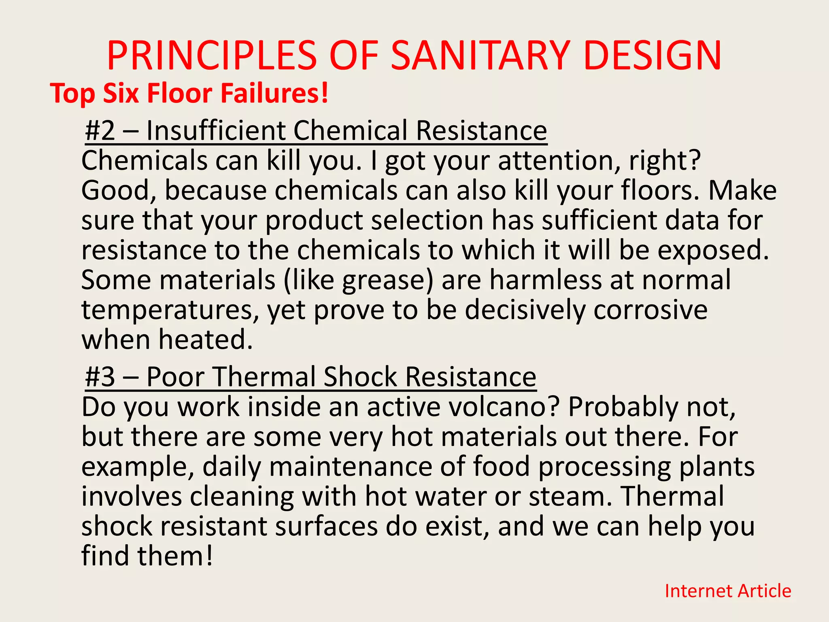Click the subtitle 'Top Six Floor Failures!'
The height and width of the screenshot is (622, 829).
[189, 93]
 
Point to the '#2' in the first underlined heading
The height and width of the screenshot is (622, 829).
[100, 130]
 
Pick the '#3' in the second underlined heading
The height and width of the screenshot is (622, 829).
[100, 377]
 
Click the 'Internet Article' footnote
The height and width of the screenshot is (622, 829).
[728, 591]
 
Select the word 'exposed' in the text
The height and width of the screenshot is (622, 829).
[712, 250]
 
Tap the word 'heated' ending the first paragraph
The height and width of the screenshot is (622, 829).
[205, 339]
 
